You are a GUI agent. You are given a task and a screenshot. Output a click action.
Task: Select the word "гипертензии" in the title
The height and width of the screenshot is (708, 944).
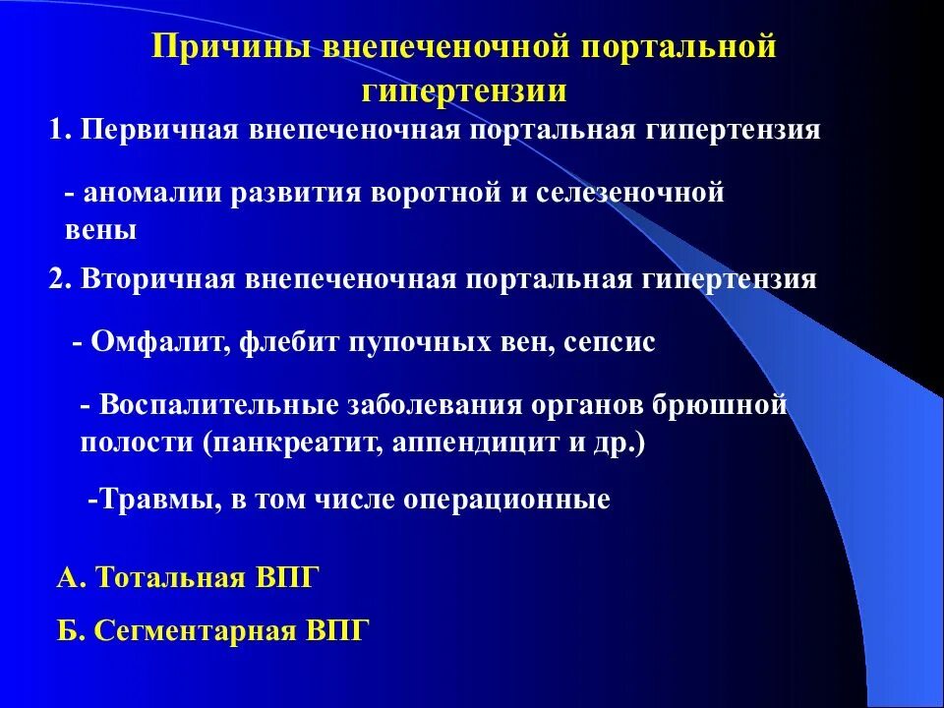[464, 91]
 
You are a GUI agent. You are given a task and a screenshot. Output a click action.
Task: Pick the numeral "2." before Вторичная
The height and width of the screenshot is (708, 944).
[61, 280]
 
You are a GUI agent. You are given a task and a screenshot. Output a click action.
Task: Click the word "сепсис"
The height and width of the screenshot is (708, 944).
[610, 343]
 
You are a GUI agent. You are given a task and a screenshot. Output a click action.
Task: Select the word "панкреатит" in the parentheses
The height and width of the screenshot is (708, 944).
[294, 442]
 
